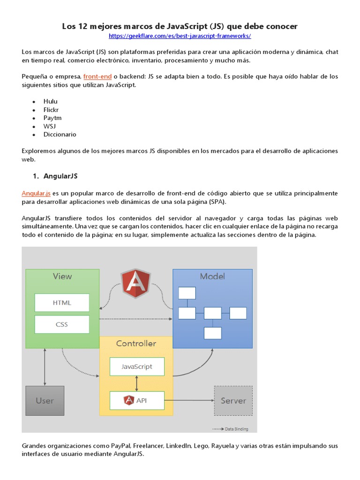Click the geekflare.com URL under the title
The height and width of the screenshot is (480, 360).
(180, 36)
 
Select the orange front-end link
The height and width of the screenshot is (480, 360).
(97, 76)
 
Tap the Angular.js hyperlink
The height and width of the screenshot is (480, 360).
(36, 194)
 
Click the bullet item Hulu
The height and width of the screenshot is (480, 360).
(50, 101)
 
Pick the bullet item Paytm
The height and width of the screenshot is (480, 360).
(52, 118)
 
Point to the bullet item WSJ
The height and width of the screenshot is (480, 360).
(50, 127)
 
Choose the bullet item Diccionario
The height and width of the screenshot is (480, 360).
(60, 135)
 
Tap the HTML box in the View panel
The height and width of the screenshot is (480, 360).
(62, 303)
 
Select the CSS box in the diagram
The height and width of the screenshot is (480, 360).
(62, 324)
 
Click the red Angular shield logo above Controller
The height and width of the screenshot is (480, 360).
(136, 283)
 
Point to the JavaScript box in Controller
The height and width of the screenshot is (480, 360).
(137, 367)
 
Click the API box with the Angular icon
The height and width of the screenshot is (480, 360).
(137, 400)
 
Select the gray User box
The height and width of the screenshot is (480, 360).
(45, 401)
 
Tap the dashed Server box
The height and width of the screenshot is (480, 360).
(233, 401)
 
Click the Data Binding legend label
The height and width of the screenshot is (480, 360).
(236, 429)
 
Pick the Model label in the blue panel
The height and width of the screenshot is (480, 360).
(212, 277)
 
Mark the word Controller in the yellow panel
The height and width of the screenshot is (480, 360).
(136, 344)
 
